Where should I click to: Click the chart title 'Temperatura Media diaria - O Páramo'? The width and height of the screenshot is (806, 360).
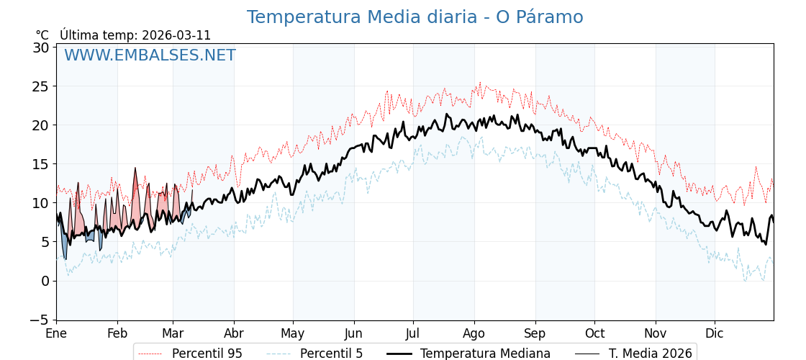(415, 17)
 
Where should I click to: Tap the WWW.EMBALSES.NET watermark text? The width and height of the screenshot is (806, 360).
(150, 55)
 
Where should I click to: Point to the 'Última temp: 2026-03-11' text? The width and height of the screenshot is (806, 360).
(135, 35)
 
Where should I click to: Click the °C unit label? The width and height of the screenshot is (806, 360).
(42, 35)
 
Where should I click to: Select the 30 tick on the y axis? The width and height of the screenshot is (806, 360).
(41, 48)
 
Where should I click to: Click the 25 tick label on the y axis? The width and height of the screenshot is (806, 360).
(41, 86)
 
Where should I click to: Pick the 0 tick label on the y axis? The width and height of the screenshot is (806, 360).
(45, 281)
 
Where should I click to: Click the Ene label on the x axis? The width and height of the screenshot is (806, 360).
(56, 334)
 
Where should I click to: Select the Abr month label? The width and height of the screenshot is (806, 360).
(234, 334)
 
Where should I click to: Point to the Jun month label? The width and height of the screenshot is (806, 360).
(353, 334)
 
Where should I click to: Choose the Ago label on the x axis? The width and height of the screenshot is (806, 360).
(474, 334)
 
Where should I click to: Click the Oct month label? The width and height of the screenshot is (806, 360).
(594, 334)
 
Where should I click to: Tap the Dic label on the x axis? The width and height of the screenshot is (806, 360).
(715, 334)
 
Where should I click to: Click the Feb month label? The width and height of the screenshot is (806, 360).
(117, 334)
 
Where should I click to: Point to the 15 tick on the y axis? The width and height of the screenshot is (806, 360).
(41, 164)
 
